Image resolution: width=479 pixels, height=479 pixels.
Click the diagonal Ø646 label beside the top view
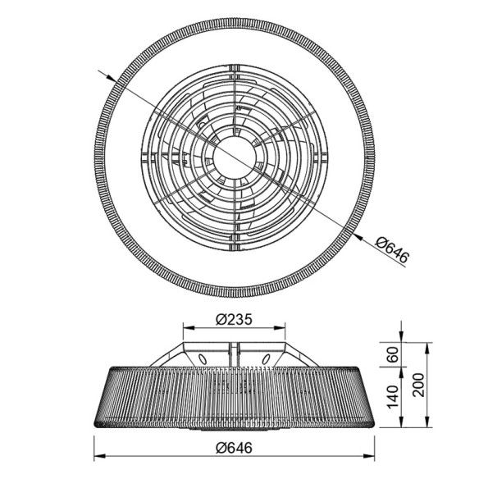click(391, 247)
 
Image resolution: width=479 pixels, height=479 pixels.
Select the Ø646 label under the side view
click(239, 446)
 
